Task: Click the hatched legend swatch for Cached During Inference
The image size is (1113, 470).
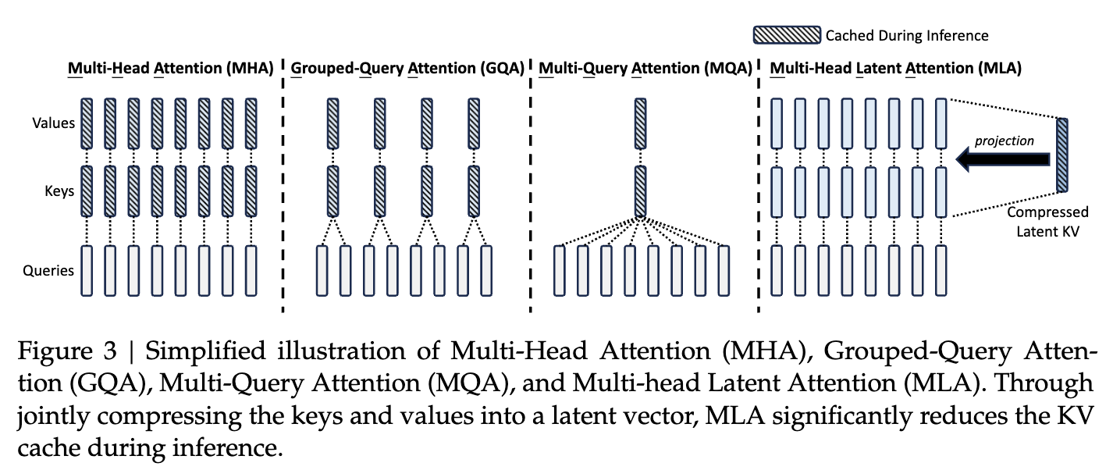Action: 787,35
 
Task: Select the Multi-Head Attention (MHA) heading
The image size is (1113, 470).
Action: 170,69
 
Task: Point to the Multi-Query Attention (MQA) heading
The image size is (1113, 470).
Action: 645,69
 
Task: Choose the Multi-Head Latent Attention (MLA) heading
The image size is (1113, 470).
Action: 895,69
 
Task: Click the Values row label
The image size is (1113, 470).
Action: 53,123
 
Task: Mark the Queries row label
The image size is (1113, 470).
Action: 48,271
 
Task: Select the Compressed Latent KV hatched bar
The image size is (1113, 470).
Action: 1062,154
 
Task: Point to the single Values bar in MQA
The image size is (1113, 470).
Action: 641,123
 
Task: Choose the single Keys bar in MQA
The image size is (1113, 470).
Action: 641,190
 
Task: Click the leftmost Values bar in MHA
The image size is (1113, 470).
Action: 87,123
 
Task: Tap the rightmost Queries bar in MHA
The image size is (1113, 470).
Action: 251,270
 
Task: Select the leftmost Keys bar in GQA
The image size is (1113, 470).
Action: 333,190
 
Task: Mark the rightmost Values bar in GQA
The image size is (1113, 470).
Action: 474,123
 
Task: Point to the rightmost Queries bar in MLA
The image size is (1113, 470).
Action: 941,270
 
